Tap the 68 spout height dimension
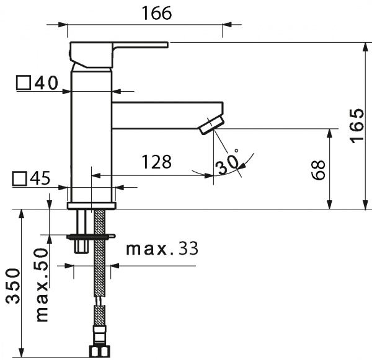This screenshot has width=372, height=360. tap(318, 170)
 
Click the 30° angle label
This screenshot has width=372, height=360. tap(228, 163)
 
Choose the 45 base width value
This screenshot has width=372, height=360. tap(39, 178)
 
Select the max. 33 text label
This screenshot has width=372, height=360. tap(162, 249)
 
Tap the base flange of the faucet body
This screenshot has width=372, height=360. tap(91, 206)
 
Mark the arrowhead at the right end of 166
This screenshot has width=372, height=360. tap(227, 25)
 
